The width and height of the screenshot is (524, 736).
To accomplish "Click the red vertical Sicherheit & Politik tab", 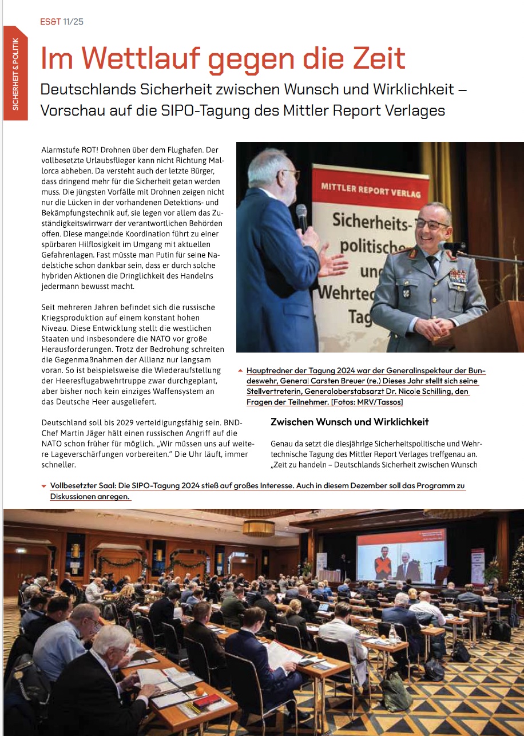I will [15, 73].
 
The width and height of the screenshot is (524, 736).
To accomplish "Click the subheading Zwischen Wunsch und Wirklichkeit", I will [350, 422].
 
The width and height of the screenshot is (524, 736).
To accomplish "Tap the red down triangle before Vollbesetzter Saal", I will [44, 486].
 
